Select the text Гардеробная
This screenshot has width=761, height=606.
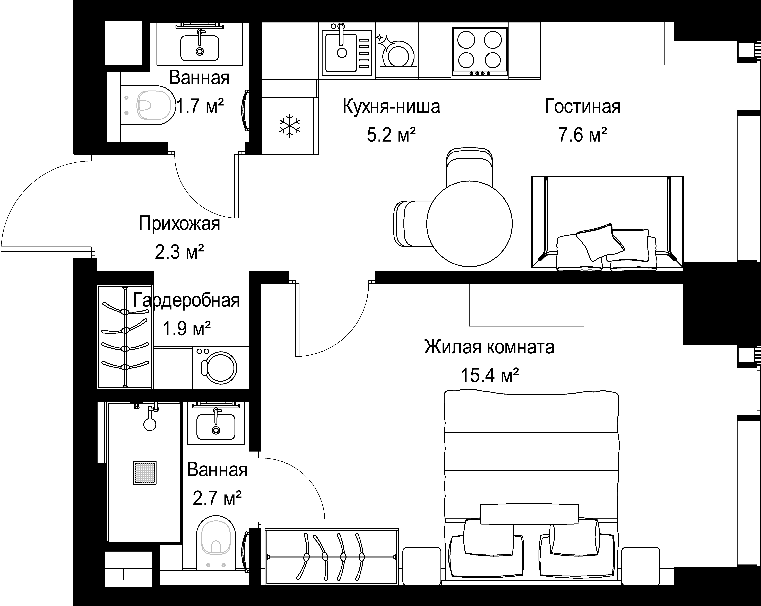point(186,301)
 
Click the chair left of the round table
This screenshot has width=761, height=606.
point(411,224)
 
